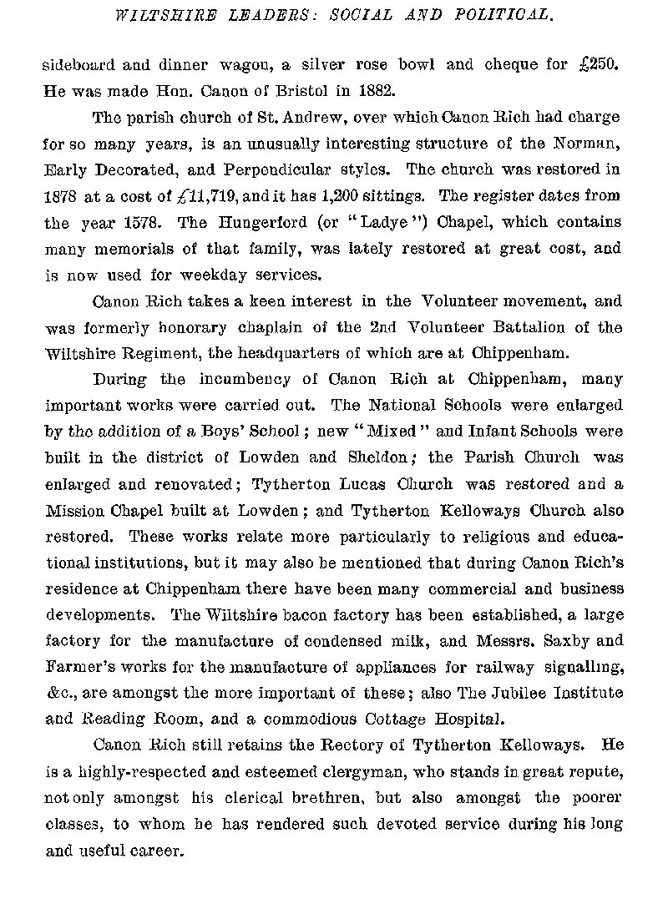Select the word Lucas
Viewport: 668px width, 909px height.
click(359, 483)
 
